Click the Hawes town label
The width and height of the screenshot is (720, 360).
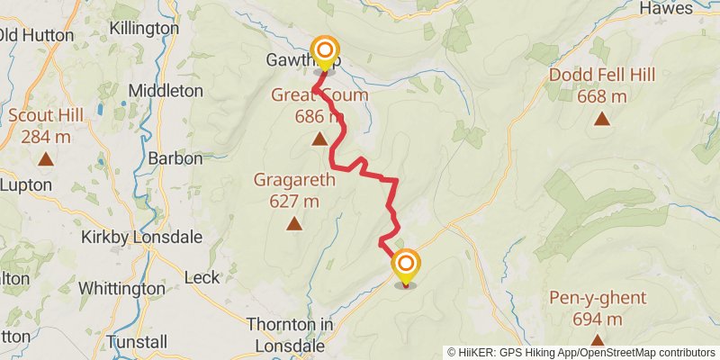(666, 8)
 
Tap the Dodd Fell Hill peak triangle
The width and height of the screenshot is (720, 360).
(601, 118)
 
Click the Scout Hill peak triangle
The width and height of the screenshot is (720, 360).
(46, 159)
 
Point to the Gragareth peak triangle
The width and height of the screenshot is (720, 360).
(293, 224)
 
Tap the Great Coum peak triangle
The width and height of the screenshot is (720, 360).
(319, 139)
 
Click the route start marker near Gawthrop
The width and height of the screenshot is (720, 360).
(324, 50)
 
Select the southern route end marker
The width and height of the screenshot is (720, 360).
(406, 265)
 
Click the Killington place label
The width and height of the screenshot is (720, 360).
(144, 28)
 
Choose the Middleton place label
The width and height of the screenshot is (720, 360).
(166, 91)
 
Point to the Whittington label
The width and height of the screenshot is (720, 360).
(121, 289)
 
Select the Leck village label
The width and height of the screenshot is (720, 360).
(202, 278)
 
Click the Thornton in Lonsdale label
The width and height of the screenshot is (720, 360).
(277, 334)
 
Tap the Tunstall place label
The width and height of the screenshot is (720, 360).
(137, 342)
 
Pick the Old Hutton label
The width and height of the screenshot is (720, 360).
(36, 36)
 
